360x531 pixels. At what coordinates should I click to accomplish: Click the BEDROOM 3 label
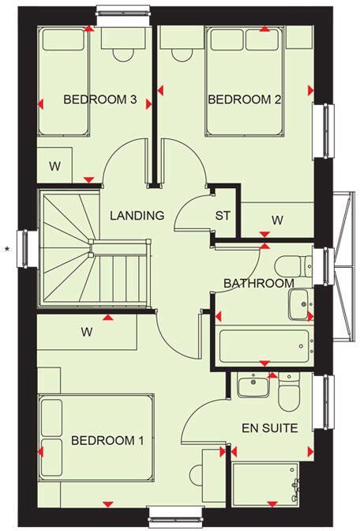pyautogui.click(x=100, y=100)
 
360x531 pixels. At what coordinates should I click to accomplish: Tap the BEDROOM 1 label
pyautogui.click(x=107, y=440)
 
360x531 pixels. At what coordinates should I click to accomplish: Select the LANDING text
pyautogui.click(x=137, y=216)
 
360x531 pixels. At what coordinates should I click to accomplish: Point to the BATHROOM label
pyautogui.click(x=258, y=284)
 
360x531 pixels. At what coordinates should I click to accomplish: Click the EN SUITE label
pyautogui.click(x=269, y=429)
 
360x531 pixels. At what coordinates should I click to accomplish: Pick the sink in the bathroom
pyautogui.click(x=299, y=304)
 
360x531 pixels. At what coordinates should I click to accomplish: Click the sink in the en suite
pyautogui.click(x=253, y=386)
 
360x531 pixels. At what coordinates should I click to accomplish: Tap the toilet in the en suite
pyautogui.click(x=287, y=392)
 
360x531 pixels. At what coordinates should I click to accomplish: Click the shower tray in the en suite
pyautogui.click(x=266, y=483)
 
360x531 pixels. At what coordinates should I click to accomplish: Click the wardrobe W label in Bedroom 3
pyautogui.click(x=54, y=166)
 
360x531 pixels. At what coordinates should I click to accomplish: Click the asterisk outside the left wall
pyautogui.click(x=8, y=250)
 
